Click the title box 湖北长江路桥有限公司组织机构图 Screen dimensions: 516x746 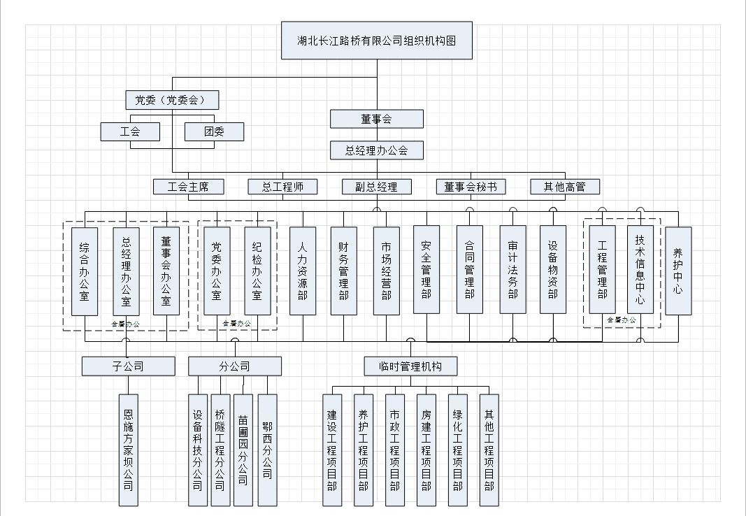[x=377, y=41]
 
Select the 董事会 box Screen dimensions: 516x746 [x=377, y=119]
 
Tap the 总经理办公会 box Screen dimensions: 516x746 [x=377, y=150]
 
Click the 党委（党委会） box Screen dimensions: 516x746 [x=172, y=100]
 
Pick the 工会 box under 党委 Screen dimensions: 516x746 [x=130, y=131]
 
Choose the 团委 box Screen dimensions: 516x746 [x=214, y=131]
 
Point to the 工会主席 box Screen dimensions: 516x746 [x=189, y=187]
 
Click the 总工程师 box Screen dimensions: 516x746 [x=282, y=187]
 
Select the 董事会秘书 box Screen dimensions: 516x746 [x=471, y=187]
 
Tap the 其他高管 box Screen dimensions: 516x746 [x=565, y=187]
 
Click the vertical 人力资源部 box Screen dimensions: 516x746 [x=303, y=271]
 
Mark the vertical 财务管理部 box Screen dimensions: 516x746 [x=343, y=271]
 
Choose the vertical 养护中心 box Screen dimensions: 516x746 [x=678, y=271]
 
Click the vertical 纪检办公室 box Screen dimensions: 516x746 [x=257, y=271]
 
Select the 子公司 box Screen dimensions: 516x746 [x=128, y=366]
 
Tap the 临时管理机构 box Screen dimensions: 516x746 [x=411, y=366]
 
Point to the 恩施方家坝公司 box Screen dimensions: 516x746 [x=128, y=450]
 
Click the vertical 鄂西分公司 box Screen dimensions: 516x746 [x=267, y=450]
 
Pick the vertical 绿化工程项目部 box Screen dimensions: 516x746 [x=458, y=450]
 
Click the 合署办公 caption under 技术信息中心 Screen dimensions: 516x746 [x=622, y=320]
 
